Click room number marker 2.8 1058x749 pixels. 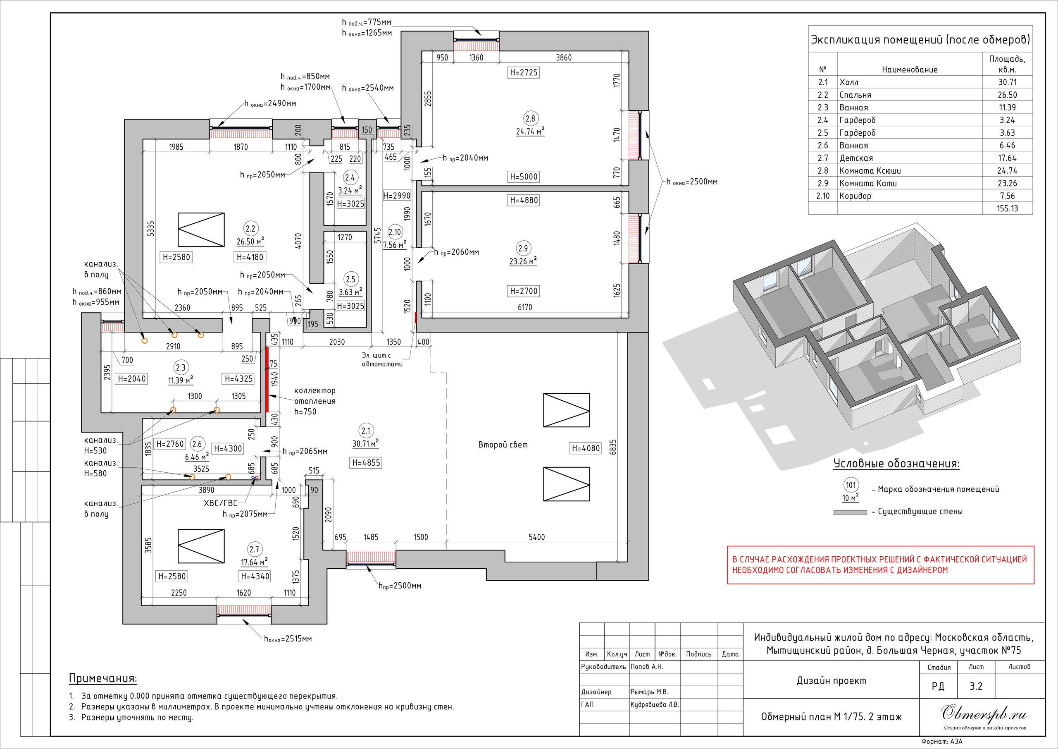pyautogui.click(x=530, y=119)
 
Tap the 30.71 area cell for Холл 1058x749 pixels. pyautogui.click(x=1007, y=82)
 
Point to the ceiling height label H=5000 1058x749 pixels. pyautogui.click(x=524, y=177)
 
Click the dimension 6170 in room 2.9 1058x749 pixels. pyautogui.click(x=525, y=307)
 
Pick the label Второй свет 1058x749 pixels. pyautogui.click(x=503, y=445)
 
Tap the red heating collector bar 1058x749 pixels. pyautogui.click(x=267, y=379)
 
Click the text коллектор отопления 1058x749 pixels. pyautogui.click(x=315, y=396)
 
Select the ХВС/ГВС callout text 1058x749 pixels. pyautogui.click(x=220, y=503)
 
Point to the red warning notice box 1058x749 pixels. pyautogui.click(x=881, y=565)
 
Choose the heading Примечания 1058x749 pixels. pyautogui.click(x=103, y=678)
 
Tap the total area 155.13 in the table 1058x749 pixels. pyautogui.click(x=1007, y=208)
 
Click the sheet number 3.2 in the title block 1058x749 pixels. pyautogui.click(x=976, y=686)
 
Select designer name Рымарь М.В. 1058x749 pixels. pyautogui.click(x=649, y=692)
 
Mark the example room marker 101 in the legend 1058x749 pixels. pyautogui.click(x=851, y=485)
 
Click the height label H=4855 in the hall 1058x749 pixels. pyautogui.click(x=366, y=462)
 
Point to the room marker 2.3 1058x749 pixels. pyautogui.click(x=180, y=368)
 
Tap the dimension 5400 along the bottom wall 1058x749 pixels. pyautogui.click(x=536, y=537)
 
